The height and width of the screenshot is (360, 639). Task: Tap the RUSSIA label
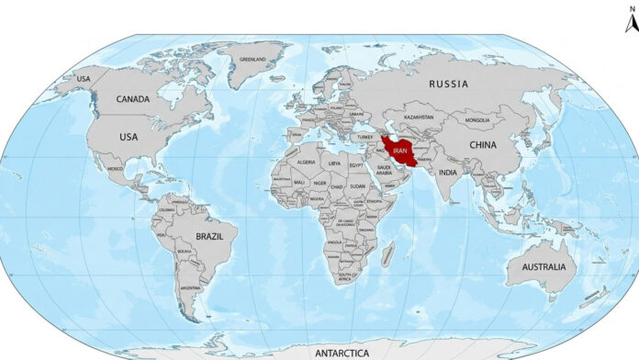[x=449, y=84]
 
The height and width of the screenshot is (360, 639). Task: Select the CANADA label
[x=134, y=99]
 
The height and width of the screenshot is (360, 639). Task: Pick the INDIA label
[x=447, y=172]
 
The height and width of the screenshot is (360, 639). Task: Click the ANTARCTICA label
[x=341, y=352]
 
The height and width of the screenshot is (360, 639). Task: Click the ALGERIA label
[x=306, y=162]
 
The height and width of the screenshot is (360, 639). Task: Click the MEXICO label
[x=116, y=168]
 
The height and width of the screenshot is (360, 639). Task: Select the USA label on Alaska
[x=84, y=79]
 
